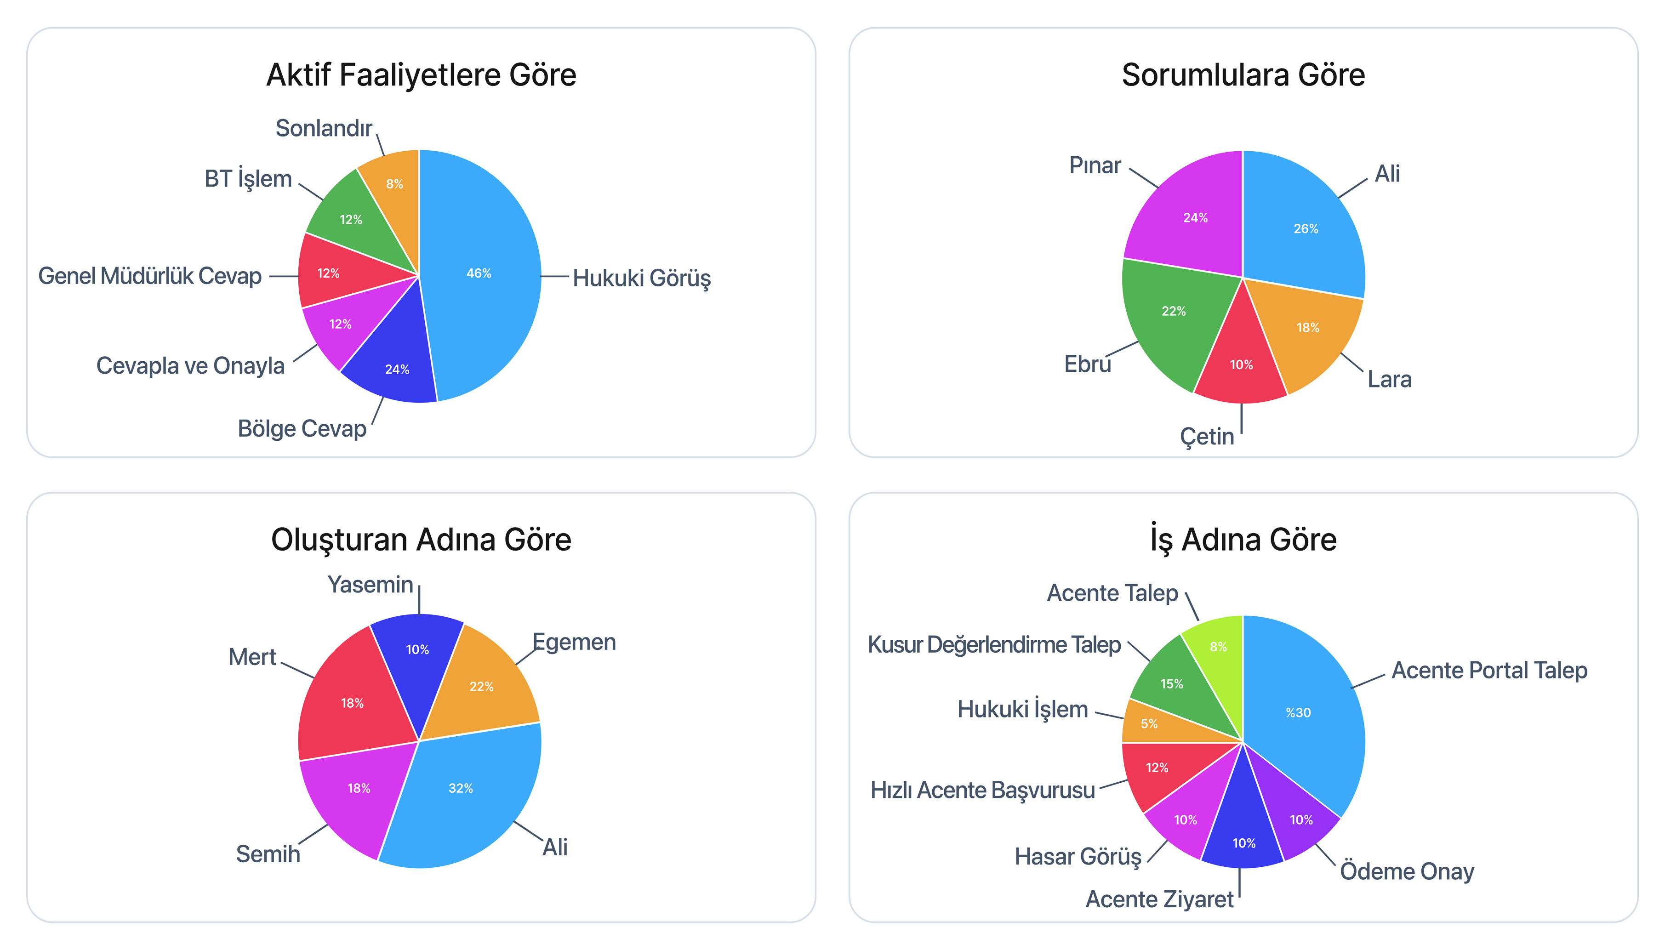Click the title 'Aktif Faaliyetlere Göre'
[x=421, y=75]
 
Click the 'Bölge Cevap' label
[x=302, y=429]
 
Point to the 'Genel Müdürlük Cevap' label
[x=150, y=276]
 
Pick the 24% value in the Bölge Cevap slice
[x=397, y=370]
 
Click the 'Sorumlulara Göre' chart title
[x=1243, y=75]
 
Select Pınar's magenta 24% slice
[x=1191, y=215]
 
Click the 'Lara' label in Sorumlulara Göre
[x=1389, y=379]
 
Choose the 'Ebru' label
[x=1087, y=364]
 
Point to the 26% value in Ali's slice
[x=1306, y=229]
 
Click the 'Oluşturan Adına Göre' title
[x=421, y=540]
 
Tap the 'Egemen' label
[x=574, y=642]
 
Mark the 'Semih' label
[x=268, y=853]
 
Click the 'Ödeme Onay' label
[x=1407, y=871]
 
